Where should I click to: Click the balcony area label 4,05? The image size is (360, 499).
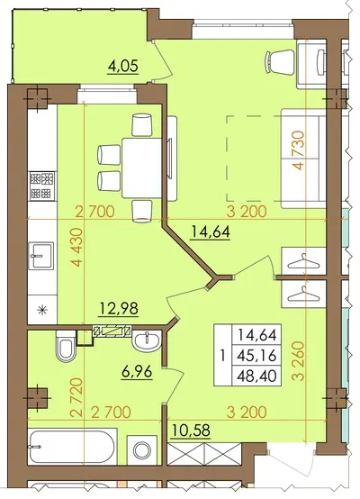(x=123, y=66)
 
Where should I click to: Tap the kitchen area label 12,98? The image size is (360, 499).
(x=119, y=308)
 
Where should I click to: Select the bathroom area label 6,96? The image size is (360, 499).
(x=137, y=372)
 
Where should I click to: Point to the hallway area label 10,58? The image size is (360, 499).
(x=191, y=430)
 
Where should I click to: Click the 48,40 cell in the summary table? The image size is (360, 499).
(x=257, y=377)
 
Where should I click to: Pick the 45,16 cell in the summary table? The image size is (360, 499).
(x=257, y=356)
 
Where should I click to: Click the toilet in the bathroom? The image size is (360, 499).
(x=66, y=346)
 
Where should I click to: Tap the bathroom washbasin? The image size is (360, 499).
(x=147, y=340)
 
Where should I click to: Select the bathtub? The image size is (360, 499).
(x=72, y=448)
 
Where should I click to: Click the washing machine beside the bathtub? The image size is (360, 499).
(x=142, y=450)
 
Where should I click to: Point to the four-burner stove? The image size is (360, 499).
(x=42, y=186)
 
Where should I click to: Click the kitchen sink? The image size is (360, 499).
(x=40, y=256)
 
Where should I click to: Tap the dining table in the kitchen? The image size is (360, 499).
(x=142, y=168)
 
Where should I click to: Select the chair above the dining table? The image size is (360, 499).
(x=141, y=124)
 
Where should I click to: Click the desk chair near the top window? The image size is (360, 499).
(x=280, y=62)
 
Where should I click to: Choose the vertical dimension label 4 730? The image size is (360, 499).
(x=298, y=150)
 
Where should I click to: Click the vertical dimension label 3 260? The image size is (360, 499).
(x=298, y=361)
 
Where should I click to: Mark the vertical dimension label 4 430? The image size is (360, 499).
(x=76, y=248)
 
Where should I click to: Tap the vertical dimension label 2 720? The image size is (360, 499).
(x=76, y=397)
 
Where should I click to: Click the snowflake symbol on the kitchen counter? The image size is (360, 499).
(x=41, y=309)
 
